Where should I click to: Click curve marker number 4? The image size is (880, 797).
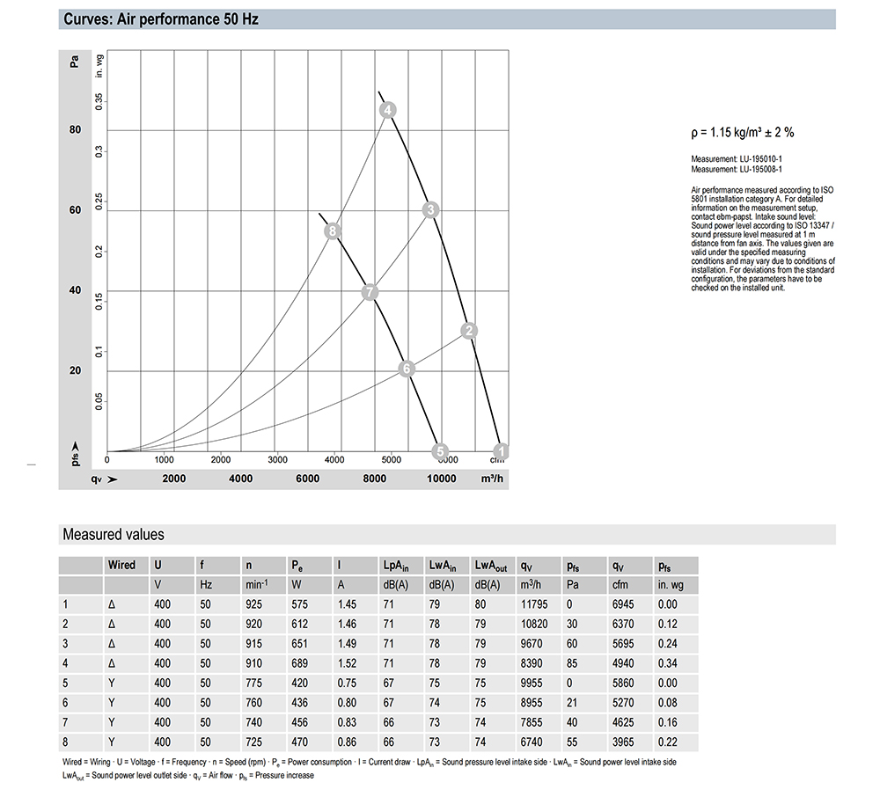387,110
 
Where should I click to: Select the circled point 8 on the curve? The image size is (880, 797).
332,231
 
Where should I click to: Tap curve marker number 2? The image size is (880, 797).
469,331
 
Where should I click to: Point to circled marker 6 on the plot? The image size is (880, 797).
407,369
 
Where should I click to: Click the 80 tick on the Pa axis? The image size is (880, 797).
75,130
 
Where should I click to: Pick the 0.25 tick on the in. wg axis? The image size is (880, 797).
99,202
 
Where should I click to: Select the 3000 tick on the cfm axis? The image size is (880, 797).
277,459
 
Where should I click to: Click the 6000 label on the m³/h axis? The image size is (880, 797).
307,479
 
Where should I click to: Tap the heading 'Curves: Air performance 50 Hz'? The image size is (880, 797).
161,19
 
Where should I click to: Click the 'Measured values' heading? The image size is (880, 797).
113,535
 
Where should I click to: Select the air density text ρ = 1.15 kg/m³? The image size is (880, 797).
743,133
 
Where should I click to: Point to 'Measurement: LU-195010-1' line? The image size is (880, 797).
737,158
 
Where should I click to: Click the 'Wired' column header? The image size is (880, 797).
121,565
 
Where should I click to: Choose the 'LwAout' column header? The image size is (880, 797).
491,565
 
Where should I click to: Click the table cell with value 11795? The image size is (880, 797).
535,604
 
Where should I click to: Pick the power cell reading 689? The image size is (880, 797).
300,663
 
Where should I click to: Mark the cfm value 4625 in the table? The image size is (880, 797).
625,722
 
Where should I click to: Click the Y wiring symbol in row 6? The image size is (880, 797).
111,702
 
